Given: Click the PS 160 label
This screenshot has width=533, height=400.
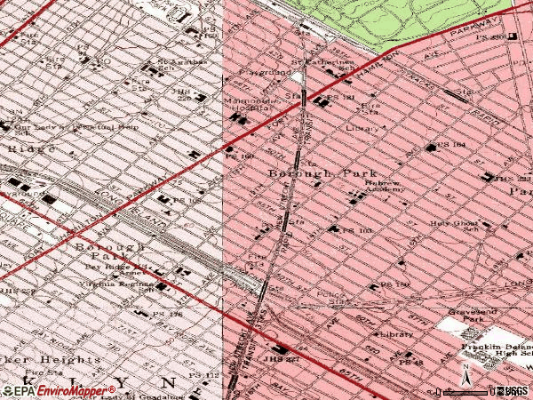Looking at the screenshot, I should [x=240, y=156].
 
